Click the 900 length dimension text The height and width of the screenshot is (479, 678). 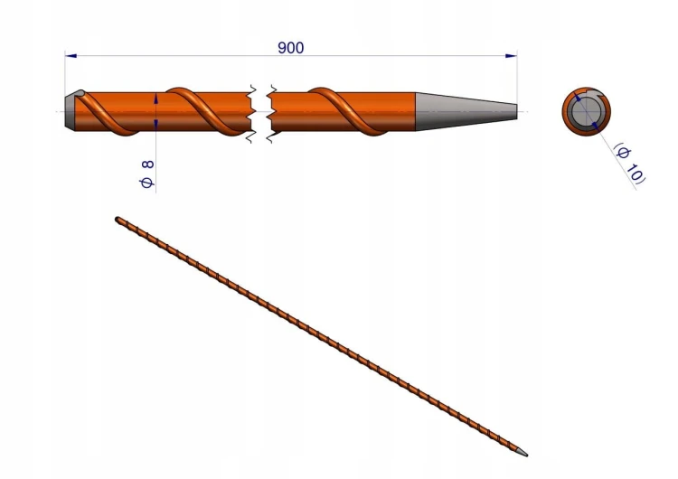click(290, 48)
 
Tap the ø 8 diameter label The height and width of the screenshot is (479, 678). click(147, 174)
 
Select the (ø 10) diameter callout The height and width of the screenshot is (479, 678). click(629, 163)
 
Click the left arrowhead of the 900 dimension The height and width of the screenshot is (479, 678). click(71, 56)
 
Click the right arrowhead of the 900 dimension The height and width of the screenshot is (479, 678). click(511, 56)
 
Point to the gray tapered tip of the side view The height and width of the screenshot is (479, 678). click(466, 111)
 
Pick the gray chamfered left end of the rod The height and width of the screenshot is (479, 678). click(71, 111)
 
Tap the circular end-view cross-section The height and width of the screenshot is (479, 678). click(587, 111)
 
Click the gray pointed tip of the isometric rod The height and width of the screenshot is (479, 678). click(522, 452)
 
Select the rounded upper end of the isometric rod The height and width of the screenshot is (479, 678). click(118, 220)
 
